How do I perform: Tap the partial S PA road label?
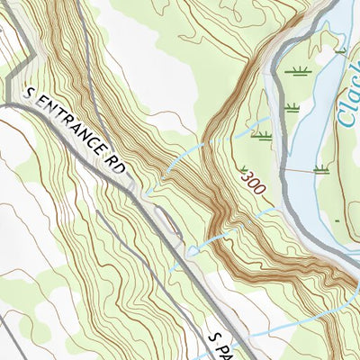(x=220, y=343)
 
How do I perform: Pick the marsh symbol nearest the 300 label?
(x=262, y=136)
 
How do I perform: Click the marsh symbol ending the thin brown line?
(x=319, y=168)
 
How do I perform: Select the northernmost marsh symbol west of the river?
(x=296, y=69)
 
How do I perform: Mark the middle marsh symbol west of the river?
(x=291, y=107)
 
